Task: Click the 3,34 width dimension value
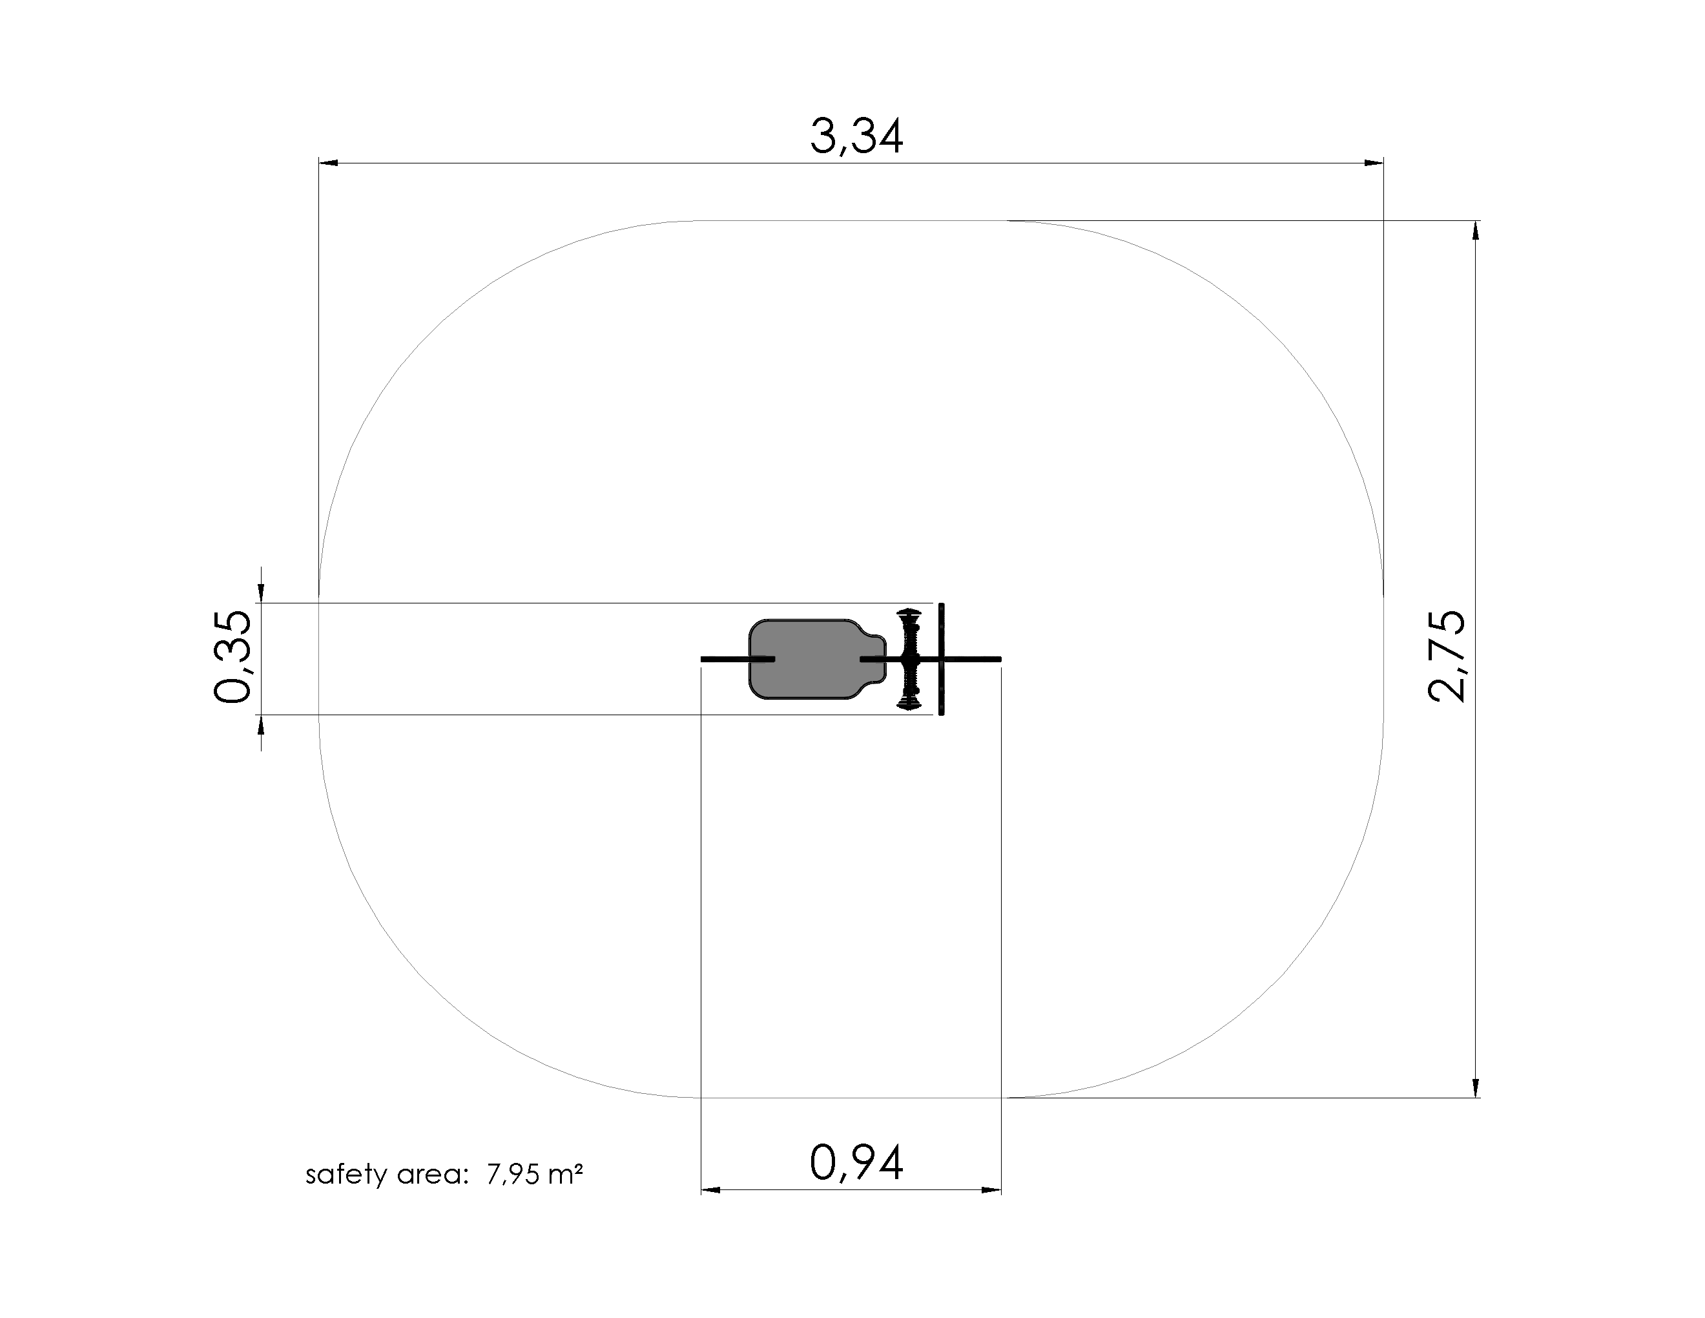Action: [x=856, y=136]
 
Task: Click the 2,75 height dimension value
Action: [x=1447, y=656]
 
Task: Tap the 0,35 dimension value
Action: [x=232, y=658]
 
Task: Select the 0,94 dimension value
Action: [x=856, y=1164]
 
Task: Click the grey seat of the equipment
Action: [x=808, y=659]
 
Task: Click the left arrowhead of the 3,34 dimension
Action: [x=329, y=163]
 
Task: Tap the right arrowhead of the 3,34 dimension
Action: [x=1374, y=163]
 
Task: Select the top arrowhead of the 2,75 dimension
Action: [x=1474, y=231]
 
